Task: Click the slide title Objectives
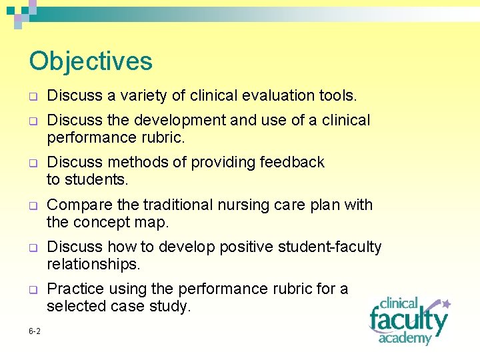(x=91, y=61)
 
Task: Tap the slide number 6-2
(x=35, y=331)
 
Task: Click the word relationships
(x=93, y=265)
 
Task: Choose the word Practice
(x=74, y=289)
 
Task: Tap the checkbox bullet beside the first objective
(x=32, y=97)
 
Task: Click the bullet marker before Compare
(x=32, y=206)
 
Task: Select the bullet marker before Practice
(x=32, y=291)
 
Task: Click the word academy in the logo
(x=405, y=338)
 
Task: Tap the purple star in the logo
(x=446, y=304)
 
